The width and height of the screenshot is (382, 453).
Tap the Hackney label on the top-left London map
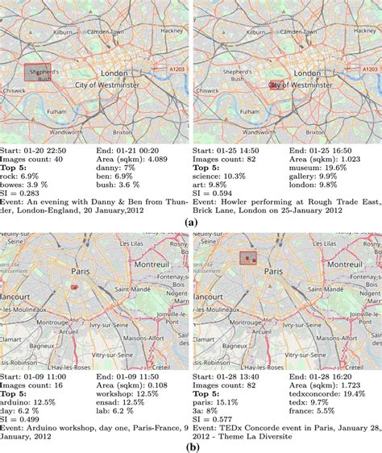[x=172, y=29]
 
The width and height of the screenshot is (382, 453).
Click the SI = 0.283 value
[x=22, y=193]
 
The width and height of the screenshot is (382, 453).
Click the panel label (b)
[x=190, y=443]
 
